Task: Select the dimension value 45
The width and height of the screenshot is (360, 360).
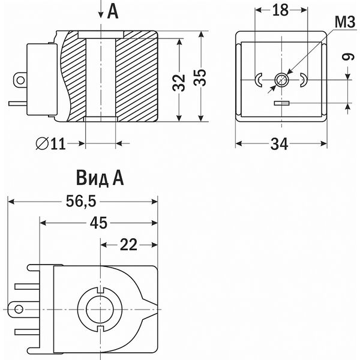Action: point(99,223)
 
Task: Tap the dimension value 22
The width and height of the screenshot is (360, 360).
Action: point(128,244)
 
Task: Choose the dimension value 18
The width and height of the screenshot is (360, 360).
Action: point(281,10)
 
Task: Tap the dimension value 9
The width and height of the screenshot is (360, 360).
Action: point(346,58)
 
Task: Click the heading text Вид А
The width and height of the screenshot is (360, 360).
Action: point(99,178)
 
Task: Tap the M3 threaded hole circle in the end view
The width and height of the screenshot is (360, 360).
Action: point(281,79)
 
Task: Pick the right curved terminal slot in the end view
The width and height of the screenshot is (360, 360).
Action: point(304,79)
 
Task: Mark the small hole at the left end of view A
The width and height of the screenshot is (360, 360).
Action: point(19,310)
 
